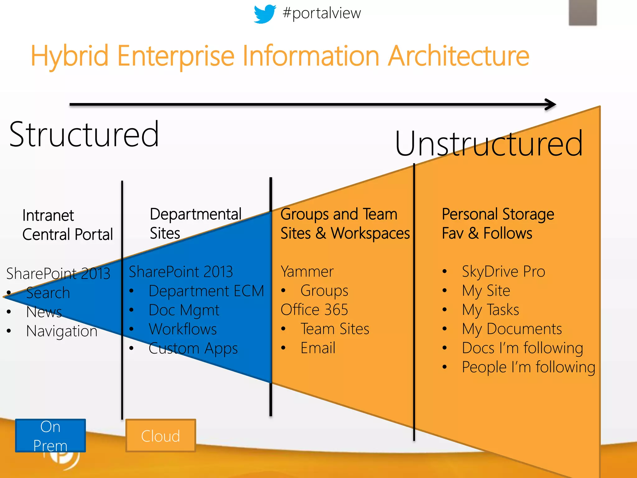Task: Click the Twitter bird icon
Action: point(264,14)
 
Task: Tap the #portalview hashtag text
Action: point(322,13)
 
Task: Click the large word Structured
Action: point(84,134)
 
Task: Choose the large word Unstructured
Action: point(489,144)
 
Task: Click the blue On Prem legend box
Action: point(50,435)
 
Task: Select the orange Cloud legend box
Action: point(160,436)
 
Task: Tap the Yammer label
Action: point(307,272)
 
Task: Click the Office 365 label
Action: point(314,310)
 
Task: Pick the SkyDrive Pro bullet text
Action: point(503,272)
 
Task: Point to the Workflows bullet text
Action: point(183,329)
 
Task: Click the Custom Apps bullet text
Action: point(193,349)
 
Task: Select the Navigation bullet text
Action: point(62,331)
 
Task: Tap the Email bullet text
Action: point(318,348)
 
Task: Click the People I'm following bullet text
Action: point(528,368)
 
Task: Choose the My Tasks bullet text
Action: point(490,310)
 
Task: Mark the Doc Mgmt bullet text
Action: point(184,310)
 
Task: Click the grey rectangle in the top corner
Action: point(583,12)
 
